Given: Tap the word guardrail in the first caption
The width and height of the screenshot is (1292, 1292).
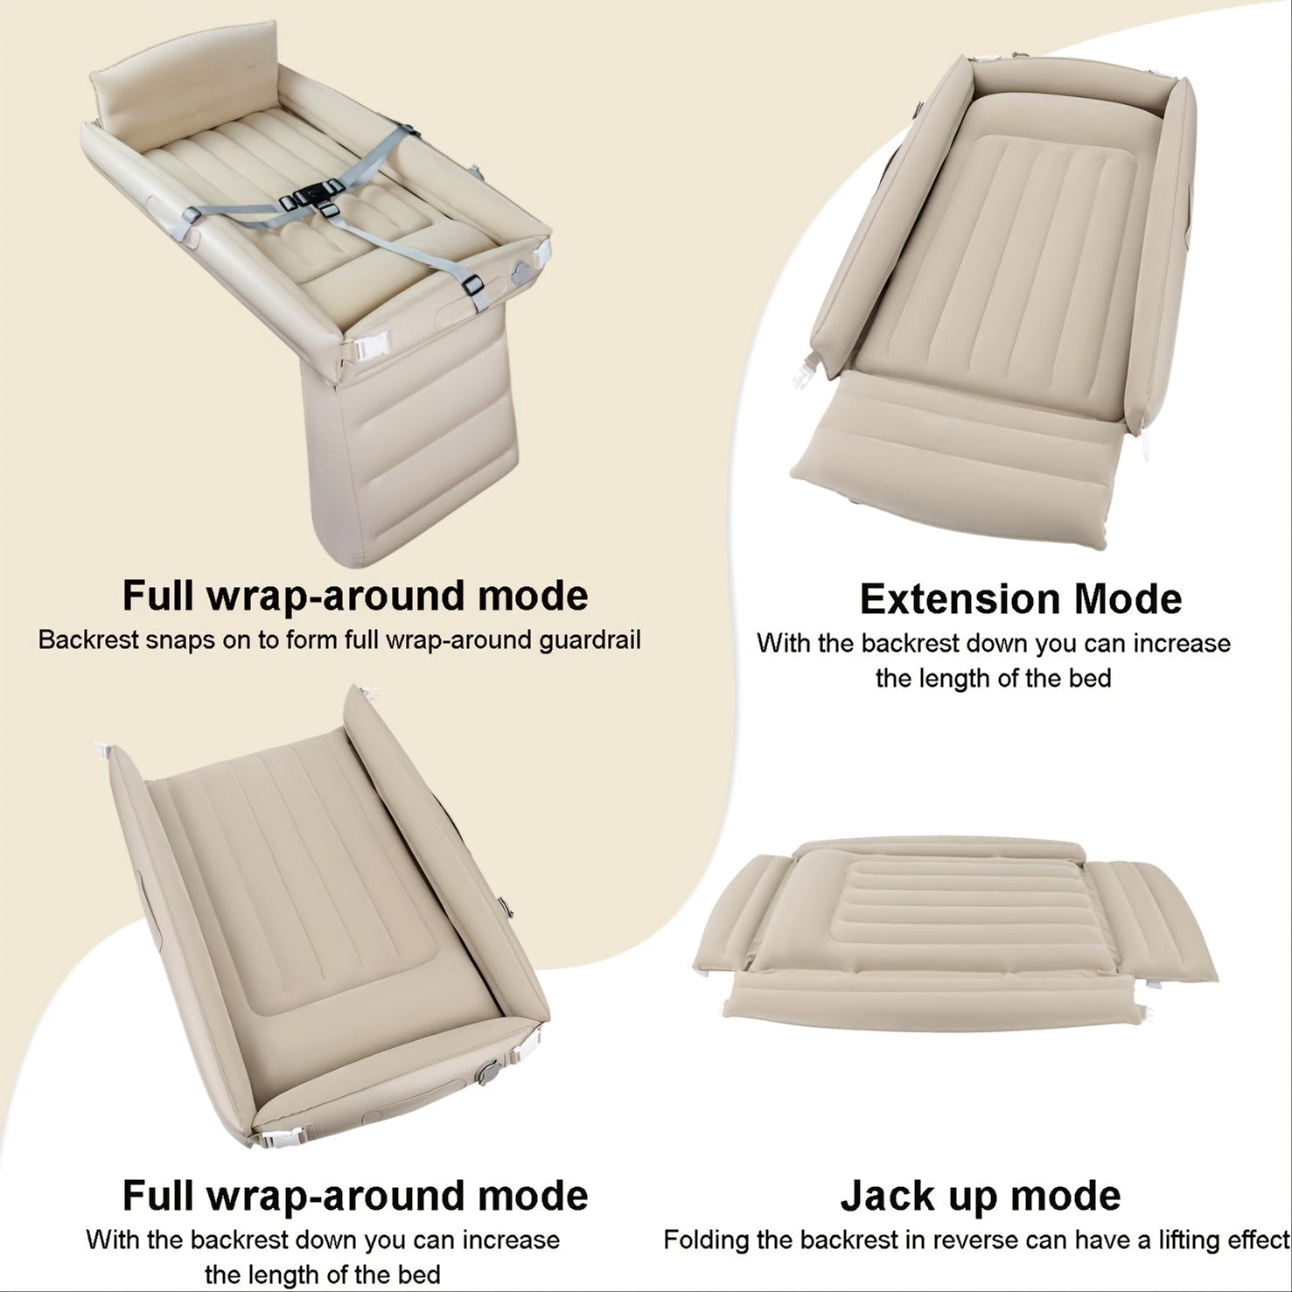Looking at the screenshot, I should point(590,639).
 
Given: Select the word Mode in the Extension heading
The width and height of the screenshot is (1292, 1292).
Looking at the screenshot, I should point(1128,599).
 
